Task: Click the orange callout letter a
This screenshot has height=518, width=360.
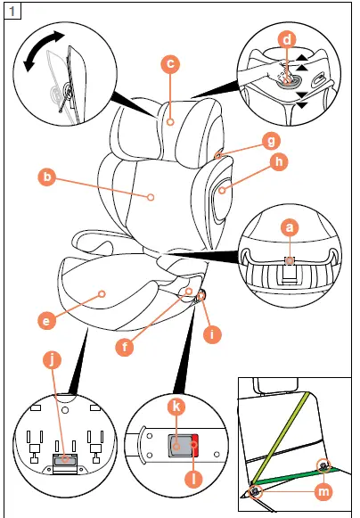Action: tap(288, 228)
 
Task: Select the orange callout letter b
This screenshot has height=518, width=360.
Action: tap(46, 176)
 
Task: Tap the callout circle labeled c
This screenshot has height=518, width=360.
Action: tap(169, 63)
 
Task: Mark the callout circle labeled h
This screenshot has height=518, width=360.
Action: tap(279, 161)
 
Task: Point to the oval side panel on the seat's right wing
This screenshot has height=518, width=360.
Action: tap(217, 189)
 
